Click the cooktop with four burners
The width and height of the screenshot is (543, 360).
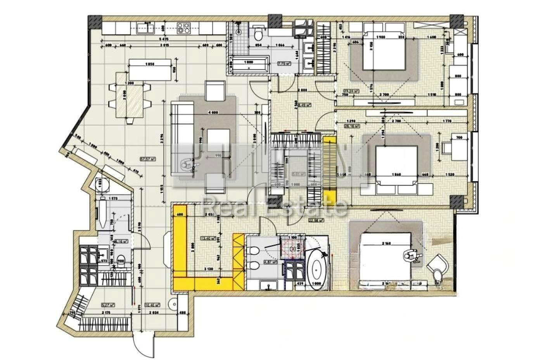183,27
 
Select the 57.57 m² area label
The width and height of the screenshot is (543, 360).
148,158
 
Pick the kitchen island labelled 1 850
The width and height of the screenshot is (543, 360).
150,69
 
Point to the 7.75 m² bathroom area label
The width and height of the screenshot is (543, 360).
284,64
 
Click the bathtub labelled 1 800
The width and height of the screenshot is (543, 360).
249,65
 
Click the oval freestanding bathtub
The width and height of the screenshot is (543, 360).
318,270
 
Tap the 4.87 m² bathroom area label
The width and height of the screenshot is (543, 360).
270,262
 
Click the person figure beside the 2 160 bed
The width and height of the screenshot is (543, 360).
411,256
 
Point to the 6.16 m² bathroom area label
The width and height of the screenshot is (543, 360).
121,241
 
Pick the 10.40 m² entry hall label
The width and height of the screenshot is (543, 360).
151,305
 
